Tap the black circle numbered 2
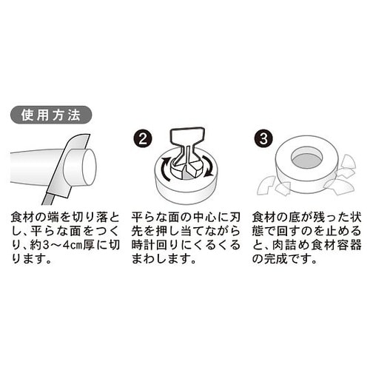point(144,139)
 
